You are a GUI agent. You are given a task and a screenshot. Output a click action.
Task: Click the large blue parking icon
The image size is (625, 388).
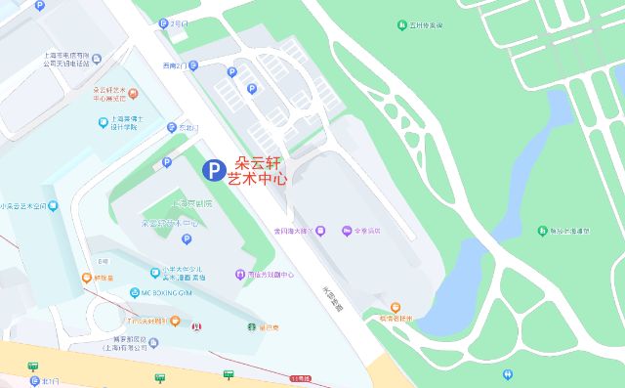point(211,170)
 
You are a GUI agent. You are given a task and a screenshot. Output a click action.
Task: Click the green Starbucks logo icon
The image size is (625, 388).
point(250,328)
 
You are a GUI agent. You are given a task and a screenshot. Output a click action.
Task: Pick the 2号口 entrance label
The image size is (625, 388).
point(178,22)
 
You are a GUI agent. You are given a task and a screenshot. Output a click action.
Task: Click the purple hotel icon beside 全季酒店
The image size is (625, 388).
point(346,231)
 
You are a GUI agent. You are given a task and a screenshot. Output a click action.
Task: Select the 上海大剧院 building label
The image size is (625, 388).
point(191,204)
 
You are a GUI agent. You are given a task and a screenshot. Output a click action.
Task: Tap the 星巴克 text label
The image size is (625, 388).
point(269,328)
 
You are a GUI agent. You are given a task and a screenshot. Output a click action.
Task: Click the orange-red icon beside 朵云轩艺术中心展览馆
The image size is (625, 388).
point(134,94)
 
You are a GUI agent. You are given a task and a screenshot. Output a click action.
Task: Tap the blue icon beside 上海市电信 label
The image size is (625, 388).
point(39,6)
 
